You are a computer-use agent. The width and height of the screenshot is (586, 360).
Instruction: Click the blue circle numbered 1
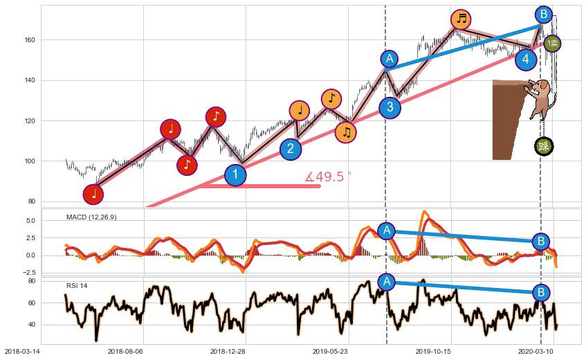click(235, 175)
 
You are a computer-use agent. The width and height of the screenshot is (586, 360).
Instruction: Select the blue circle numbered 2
click(291, 149)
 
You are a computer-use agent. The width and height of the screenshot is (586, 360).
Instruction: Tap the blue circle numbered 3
click(390, 107)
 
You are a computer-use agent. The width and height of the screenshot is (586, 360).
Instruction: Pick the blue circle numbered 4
click(526, 60)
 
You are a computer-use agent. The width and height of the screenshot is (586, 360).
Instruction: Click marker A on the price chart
click(390, 59)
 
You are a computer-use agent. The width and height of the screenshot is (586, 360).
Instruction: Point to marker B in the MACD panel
click(542, 241)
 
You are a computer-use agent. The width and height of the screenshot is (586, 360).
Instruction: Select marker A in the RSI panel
click(387, 282)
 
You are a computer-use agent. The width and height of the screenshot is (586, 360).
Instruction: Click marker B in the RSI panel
click(542, 293)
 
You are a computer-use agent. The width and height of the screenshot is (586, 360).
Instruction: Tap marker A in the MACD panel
click(387, 231)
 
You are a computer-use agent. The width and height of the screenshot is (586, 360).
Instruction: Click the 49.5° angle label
click(328, 177)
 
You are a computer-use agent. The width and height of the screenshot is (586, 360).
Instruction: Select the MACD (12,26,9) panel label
click(91, 217)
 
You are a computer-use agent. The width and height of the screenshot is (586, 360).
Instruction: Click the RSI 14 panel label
click(77, 285)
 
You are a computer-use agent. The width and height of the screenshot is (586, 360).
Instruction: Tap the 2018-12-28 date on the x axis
click(228, 351)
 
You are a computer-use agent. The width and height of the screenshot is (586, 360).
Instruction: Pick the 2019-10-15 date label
click(433, 351)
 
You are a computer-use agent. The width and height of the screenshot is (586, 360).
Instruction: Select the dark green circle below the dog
click(544, 146)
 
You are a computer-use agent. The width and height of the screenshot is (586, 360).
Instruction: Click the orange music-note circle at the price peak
click(461, 19)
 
